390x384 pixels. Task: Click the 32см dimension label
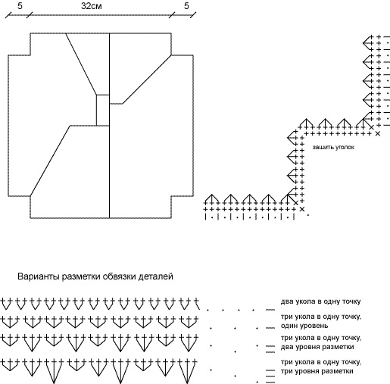click(x=92, y=6)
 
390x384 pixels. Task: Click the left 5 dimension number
click(x=20, y=6)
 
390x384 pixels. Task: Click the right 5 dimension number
click(x=186, y=6)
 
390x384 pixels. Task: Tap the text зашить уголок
click(x=333, y=147)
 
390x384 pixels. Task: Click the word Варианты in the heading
click(x=39, y=276)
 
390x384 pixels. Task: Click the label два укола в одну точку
click(x=320, y=301)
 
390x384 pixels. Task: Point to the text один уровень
click(x=304, y=326)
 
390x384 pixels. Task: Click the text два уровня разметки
click(x=317, y=347)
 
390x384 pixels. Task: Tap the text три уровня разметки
click(x=317, y=371)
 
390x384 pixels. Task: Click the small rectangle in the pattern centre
click(x=103, y=110)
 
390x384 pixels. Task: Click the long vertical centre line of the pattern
click(x=109, y=126)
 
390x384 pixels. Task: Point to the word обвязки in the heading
click(x=119, y=276)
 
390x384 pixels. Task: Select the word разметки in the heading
click(x=81, y=277)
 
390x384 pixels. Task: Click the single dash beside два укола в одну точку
click(x=270, y=310)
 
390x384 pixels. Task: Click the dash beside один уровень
click(x=270, y=328)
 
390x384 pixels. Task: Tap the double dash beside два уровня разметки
click(x=270, y=348)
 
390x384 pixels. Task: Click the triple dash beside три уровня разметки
click(x=270, y=376)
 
